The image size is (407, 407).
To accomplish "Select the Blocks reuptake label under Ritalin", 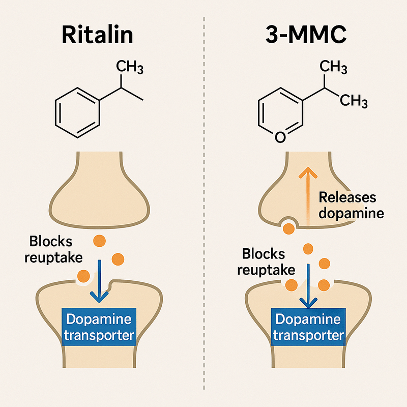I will (x=55, y=249).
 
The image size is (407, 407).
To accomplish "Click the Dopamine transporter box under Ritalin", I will (x=99, y=328).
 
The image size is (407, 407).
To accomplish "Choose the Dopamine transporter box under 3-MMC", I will (x=307, y=328).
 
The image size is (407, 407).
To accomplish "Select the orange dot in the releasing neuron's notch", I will (x=288, y=228).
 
